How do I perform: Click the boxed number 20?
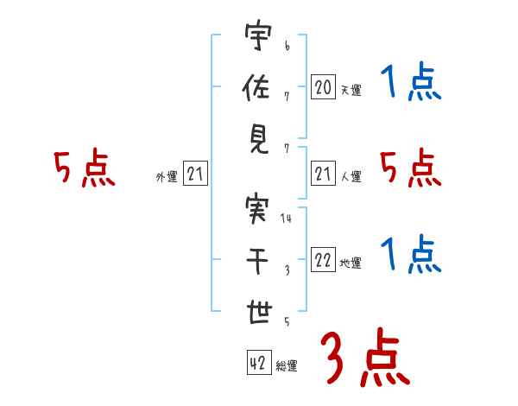point(323,86)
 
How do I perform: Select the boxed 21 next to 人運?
point(323,174)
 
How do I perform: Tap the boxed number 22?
point(323,261)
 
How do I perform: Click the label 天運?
point(351,90)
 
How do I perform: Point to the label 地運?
point(351,263)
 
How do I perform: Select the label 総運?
point(287,366)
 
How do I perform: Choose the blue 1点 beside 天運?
point(410,84)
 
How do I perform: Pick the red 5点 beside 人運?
point(410,168)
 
